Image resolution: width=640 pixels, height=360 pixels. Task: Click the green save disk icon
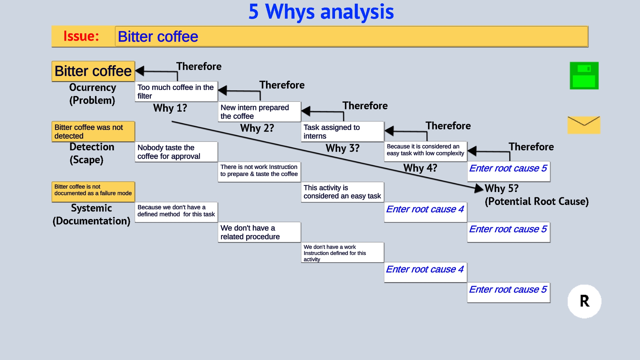(x=584, y=76)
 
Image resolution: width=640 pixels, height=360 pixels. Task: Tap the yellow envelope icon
(x=584, y=125)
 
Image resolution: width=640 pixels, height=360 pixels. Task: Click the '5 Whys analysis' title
(x=321, y=12)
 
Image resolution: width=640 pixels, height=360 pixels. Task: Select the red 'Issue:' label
(x=81, y=36)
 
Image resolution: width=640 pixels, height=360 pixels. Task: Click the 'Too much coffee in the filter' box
(x=176, y=92)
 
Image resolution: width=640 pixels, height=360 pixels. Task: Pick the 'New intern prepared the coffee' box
(x=259, y=112)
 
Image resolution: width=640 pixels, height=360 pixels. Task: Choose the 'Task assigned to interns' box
(x=342, y=132)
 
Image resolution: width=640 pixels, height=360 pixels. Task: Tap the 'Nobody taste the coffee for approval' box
(x=176, y=152)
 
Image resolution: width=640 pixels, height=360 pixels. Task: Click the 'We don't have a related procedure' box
(x=259, y=232)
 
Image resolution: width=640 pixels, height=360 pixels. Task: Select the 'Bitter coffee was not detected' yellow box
(x=93, y=132)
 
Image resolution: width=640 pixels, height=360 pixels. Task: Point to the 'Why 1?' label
(x=170, y=108)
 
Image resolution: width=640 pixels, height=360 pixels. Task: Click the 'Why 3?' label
(x=342, y=148)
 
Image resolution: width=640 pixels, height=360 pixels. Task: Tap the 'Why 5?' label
(x=501, y=188)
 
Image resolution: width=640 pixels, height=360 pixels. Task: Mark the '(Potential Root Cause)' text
(x=537, y=201)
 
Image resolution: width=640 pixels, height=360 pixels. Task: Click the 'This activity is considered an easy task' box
(x=342, y=192)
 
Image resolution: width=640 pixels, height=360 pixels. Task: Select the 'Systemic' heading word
(x=91, y=208)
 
